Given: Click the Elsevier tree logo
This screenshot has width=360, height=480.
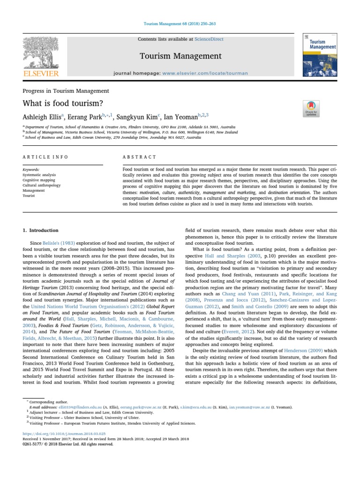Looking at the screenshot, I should coord(42,54).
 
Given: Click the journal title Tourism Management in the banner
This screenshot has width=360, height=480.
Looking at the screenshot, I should coord(180,56).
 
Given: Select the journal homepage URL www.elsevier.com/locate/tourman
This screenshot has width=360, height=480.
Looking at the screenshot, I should coord(192,74).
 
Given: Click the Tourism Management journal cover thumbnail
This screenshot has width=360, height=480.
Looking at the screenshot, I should coord(322,54).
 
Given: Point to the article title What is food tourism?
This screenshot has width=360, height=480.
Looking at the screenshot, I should coord(56,104).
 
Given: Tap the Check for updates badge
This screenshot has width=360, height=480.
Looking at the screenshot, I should coord(312,109).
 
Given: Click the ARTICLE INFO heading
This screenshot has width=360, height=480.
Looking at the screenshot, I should coord(45,157).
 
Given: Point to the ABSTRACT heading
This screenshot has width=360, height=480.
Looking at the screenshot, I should coord(139,157).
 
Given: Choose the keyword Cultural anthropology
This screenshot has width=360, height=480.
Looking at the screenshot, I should coord(41,185).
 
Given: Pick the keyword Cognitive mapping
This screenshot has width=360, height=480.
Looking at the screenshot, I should coord(39,180).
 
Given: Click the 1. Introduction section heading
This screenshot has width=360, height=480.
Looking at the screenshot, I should coord(41,231).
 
